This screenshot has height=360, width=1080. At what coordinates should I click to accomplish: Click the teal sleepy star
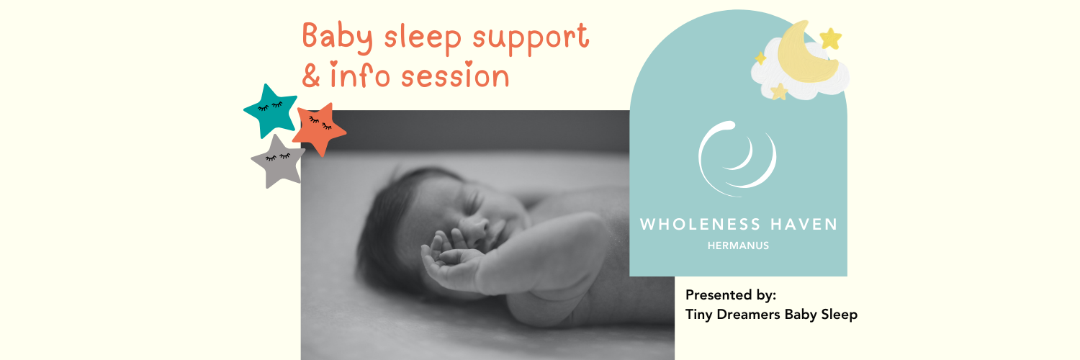pos(271,110)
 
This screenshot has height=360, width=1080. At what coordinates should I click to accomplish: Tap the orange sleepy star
pos(319,128)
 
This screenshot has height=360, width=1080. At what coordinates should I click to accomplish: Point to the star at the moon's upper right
pos(831,38)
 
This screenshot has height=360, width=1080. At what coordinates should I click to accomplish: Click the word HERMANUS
pos(738,246)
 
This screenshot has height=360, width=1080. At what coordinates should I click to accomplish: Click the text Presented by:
pos(731,295)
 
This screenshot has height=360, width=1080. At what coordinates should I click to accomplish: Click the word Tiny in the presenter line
pos(700,315)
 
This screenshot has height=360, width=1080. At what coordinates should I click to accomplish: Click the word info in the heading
pos(366,75)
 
